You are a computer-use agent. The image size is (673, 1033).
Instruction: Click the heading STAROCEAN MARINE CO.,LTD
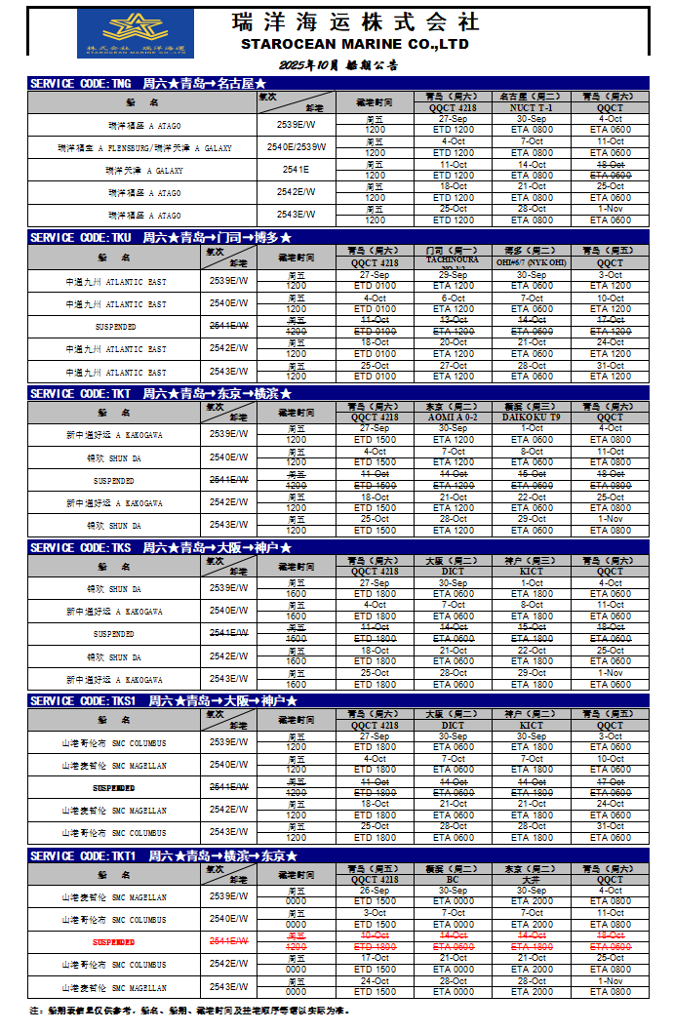tap(355, 45)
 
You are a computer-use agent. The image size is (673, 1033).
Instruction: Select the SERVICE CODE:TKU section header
tap(161, 237)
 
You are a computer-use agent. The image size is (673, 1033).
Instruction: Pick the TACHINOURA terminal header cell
tap(454, 261)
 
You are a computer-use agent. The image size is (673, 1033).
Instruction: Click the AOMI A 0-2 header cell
tap(454, 417)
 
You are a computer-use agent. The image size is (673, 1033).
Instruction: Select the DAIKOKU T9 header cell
tap(532, 417)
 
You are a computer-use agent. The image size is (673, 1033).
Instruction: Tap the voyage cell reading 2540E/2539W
tap(296, 147)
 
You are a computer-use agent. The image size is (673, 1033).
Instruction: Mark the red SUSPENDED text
tap(114, 942)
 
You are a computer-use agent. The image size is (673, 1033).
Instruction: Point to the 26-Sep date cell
tap(375, 891)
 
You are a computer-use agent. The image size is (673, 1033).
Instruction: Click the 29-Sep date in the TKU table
tap(454, 275)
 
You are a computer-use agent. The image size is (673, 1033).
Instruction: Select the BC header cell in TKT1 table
tap(454, 879)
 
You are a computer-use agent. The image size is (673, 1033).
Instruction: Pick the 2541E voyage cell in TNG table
tap(296, 170)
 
